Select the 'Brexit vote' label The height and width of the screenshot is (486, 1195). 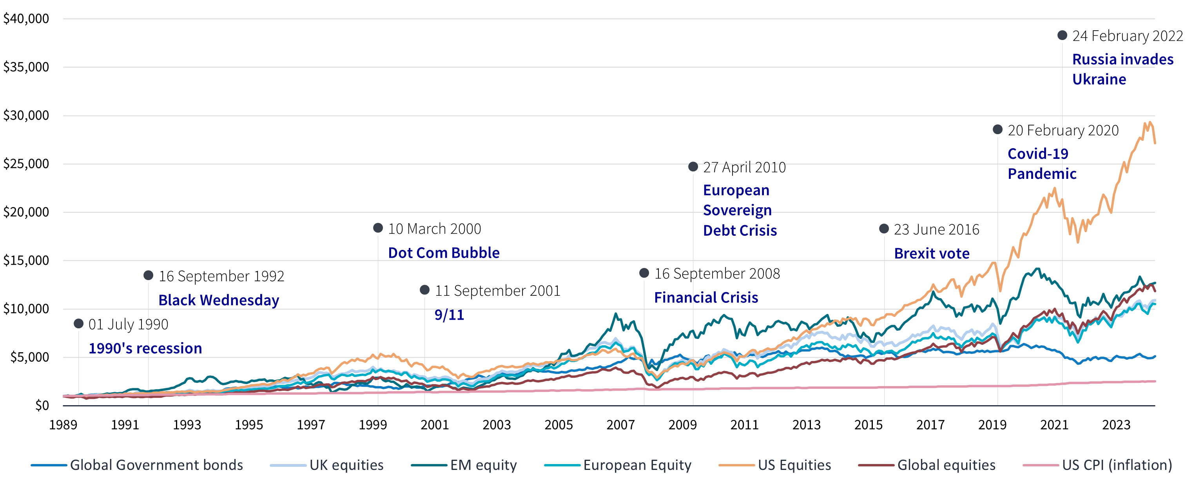click(932, 253)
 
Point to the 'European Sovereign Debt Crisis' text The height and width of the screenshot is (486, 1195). click(740, 210)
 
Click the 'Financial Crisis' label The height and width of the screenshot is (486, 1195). click(705, 298)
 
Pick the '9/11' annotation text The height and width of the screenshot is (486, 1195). click(449, 315)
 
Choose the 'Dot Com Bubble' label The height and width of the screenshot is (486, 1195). click(444, 253)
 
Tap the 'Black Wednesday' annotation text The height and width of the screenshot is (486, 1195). click(218, 300)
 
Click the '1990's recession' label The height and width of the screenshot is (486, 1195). click(145, 348)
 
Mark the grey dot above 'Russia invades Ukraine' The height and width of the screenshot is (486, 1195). click(1062, 35)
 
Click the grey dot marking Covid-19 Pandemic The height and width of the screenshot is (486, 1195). click(997, 129)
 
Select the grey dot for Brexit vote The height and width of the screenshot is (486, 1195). click(884, 229)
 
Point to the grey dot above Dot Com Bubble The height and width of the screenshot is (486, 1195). click(378, 228)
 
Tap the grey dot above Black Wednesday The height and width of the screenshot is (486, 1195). click(149, 276)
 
